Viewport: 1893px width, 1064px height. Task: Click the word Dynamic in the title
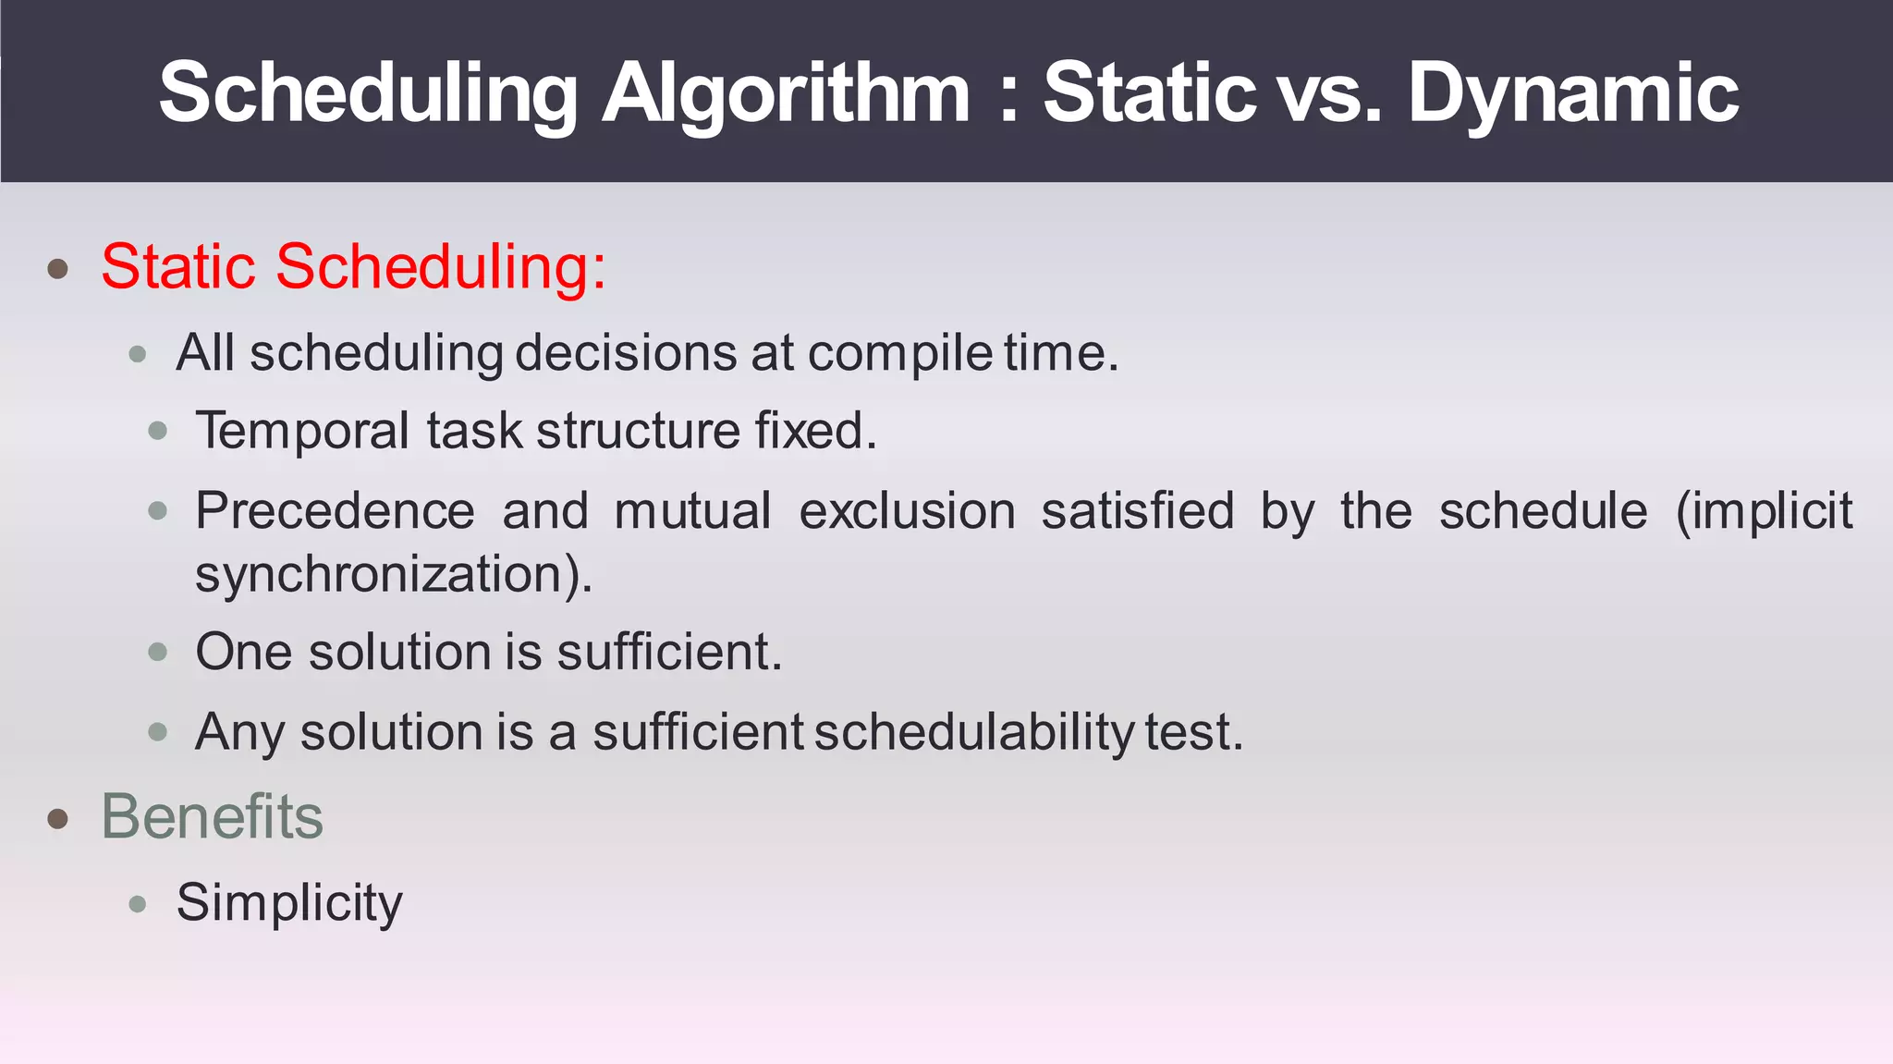tap(1573, 92)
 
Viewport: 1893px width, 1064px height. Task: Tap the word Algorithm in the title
tap(786, 92)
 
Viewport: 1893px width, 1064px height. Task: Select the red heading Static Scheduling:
tap(353, 267)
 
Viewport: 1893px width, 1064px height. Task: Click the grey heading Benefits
tap(212, 817)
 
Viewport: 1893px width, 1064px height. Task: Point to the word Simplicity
tap(289, 902)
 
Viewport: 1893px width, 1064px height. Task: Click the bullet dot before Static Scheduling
tap(58, 269)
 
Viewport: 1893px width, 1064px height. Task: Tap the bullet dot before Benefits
tap(58, 818)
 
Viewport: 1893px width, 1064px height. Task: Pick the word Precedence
tap(335, 511)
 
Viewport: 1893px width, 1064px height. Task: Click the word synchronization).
tap(394, 574)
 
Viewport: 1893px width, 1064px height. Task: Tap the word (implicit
tap(1764, 511)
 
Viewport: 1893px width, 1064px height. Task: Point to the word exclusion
tap(907, 511)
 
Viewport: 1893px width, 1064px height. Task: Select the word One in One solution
tap(244, 652)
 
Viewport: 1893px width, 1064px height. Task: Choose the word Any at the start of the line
tap(239, 732)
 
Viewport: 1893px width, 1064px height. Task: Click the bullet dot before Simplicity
tap(138, 903)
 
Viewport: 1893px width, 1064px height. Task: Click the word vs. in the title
tap(1325, 92)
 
